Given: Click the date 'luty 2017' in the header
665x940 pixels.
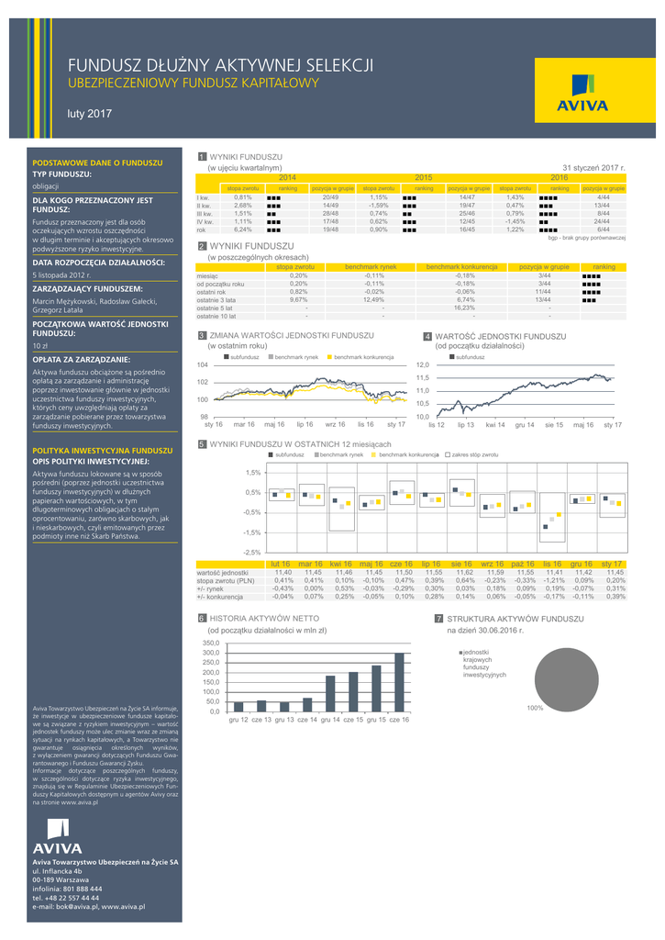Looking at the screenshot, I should [x=90, y=114].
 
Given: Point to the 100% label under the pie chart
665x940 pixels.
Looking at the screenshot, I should [x=535, y=709].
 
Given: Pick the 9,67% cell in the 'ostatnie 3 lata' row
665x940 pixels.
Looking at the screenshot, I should [x=299, y=299].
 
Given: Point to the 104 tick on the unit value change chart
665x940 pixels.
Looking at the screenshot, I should [x=204, y=365].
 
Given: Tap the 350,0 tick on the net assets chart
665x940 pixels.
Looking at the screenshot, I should [x=212, y=643].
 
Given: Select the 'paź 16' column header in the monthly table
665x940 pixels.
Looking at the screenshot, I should [x=523, y=563].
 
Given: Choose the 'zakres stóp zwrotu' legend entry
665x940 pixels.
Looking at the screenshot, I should [x=472, y=454].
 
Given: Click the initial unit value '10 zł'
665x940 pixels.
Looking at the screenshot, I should [x=40, y=346].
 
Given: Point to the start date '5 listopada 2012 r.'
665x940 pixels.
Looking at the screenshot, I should [x=61, y=274].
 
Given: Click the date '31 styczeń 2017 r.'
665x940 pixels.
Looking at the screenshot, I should [x=593, y=168].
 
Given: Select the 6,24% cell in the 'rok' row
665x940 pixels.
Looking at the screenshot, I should [x=243, y=229].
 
